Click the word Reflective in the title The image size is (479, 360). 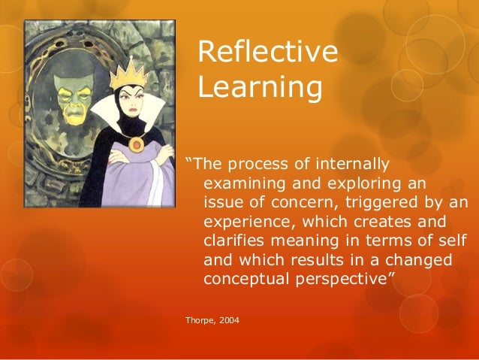267,53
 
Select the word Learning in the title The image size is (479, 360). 260,86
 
